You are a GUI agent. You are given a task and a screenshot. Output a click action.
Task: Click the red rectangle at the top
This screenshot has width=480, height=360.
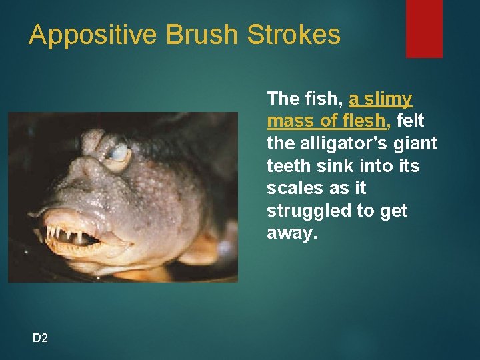[x=424, y=28]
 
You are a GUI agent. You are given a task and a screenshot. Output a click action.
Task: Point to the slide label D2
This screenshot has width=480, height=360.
[x=40, y=339]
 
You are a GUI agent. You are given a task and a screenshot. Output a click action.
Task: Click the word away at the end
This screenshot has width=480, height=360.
[x=291, y=234]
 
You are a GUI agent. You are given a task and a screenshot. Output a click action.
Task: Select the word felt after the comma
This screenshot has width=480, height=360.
[x=410, y=121]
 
